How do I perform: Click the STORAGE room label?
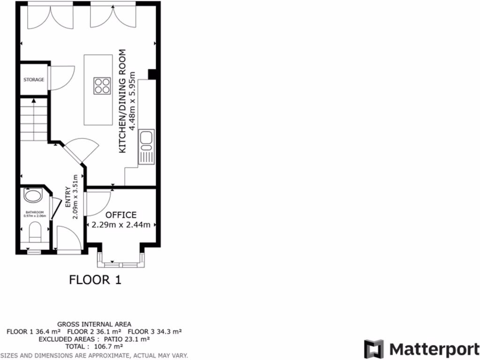pyautogui.click(x=34, y=80)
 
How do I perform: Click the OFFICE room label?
pyautogui.click(x=121, y=215)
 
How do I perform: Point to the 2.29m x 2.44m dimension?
pyautogui.click(x=121, y=225)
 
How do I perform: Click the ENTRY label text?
pyautogui.click(x=67, y=197)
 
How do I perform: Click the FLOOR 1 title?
pyautogui.click(x=95, y=280)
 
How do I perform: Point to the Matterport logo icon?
pyautogui.click(x=374, y=349)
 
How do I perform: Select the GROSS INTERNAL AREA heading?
pyautogui.click(x=94, y=324)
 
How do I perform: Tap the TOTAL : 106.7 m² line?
pyautogui.click(x=94, y=346)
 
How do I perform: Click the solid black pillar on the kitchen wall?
pyautogui.click(x=152, y=74)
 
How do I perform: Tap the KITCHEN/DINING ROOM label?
pyautogui.click(x=123, y=101)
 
